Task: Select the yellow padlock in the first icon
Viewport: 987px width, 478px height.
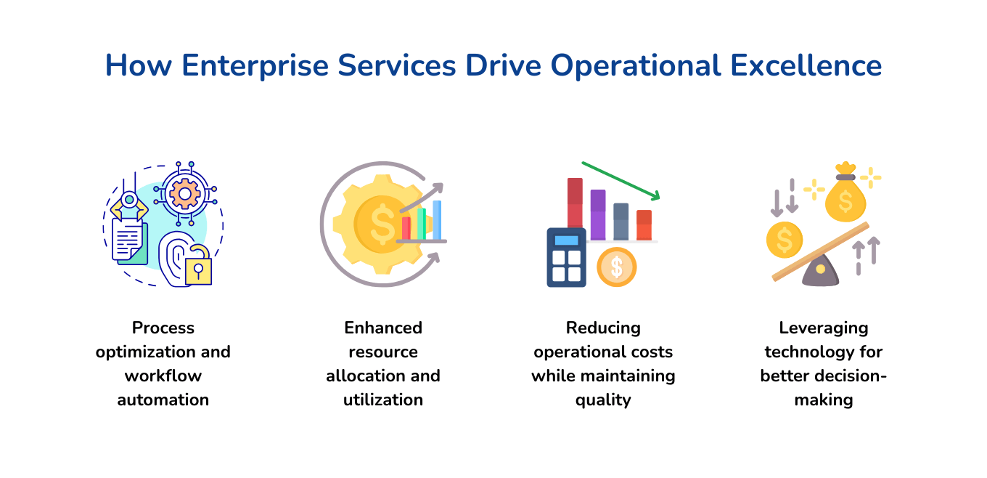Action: click(198, 269)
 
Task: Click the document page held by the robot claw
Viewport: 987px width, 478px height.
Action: click(128, 240)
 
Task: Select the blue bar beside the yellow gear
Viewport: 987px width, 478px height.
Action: click(437, 219)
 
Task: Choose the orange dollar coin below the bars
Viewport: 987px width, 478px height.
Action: click(616, 267)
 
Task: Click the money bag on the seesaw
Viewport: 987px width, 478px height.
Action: click(845, 196)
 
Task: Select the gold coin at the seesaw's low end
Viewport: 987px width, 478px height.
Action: click(785, 240)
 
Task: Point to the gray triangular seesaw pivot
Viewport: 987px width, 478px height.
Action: click(820, 270)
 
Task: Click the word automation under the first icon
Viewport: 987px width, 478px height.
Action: click(163, 399)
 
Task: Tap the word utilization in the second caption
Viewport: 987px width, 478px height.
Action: click(383, 399)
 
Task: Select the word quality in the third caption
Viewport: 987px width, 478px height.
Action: click(603, 399)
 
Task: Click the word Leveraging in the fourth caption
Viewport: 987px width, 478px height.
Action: click(824, 328)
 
